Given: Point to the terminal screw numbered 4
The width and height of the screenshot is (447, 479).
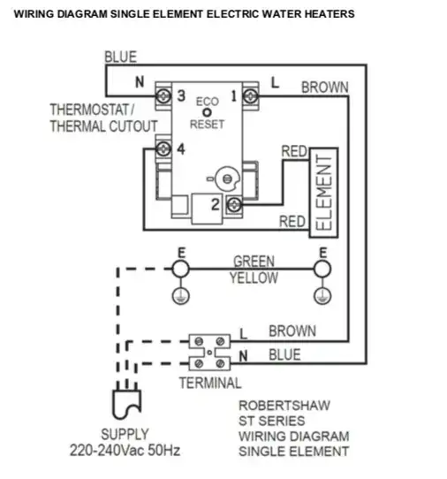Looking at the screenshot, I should pyautogui.click(x=163, y=149).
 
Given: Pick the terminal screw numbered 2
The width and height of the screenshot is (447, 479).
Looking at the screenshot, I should pyautogui.click(x=234, y=206).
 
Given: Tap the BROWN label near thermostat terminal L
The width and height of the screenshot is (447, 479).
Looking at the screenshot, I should pyautogui.click(x=325, y=87).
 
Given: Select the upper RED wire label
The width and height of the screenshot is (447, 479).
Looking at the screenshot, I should pyautogui.click(x=293, y=152).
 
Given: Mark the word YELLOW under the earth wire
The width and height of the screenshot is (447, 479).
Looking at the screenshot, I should pyautogui.click(x=254, y=278).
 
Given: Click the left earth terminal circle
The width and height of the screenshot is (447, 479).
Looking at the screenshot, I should pyautogui.click(x=181, y=268).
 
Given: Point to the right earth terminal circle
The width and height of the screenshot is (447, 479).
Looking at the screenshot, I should pyautogui.click(x=323, y=268).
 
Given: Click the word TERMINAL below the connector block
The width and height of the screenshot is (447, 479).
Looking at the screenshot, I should pyautogui.click(x=209, y=383).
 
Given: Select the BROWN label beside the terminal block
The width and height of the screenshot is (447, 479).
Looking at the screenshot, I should pyautogui.click(x=292, y=331).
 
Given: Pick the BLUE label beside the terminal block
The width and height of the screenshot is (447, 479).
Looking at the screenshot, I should pyautogui.click(x=284, y=354).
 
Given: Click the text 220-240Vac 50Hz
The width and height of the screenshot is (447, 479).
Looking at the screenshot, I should pyautogui.click(x=125, y=450).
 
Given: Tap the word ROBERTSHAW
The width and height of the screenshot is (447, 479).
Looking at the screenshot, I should pyautogui.click(x=284, y=406).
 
